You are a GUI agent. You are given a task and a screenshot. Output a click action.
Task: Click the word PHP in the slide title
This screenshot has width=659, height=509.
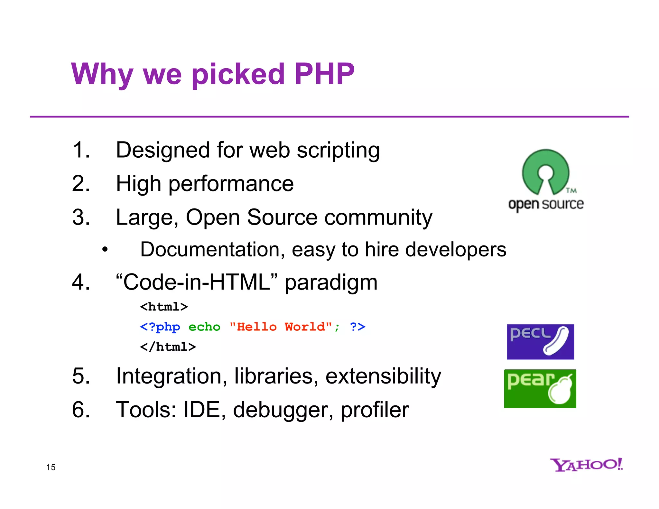324,74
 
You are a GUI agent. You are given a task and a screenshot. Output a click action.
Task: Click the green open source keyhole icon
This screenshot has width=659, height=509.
546,172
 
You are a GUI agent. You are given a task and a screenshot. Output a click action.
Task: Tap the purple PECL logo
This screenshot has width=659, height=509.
540,342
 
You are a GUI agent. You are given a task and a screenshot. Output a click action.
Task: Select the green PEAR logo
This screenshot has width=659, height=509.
540,388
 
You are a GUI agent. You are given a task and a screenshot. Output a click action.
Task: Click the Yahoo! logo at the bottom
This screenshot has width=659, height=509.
586,465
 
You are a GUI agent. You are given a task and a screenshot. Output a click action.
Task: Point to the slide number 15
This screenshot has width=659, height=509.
51,467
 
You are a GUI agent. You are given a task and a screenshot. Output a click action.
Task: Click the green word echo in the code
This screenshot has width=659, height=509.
204,327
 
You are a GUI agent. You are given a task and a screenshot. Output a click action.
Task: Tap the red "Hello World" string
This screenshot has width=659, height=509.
281,327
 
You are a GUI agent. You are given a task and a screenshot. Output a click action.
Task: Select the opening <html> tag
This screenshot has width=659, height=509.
164,307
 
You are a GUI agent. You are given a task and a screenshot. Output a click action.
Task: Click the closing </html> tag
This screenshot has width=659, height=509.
168,347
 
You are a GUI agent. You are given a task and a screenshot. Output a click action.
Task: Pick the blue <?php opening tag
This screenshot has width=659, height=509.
160,327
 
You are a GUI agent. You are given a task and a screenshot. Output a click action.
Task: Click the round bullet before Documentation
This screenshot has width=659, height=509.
105,249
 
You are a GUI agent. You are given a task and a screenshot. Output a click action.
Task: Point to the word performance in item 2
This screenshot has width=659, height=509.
231,184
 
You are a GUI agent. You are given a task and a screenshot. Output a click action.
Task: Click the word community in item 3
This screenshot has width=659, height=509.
378,217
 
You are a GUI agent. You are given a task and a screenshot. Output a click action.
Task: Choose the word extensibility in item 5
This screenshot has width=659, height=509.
383,376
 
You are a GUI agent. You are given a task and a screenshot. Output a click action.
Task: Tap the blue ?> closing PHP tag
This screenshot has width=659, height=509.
357,327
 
